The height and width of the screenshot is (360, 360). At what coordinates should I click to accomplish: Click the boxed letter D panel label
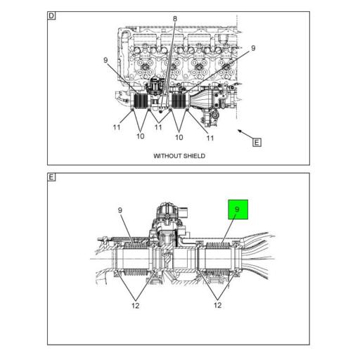click(52, 15)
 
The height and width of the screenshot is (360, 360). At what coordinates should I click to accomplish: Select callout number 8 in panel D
click(175, 19)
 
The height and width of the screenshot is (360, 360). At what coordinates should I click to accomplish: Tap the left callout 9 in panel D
click(105, 60)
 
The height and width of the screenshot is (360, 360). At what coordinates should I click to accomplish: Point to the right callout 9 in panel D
click(252, 49)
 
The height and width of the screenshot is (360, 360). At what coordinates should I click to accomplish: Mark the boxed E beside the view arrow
click(257, 142)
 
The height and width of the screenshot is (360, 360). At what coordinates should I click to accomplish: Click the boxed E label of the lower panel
click(52, 177)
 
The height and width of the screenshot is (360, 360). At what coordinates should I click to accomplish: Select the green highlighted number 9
click(238, 210)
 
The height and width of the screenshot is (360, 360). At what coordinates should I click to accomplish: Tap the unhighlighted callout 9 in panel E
click(120, 209)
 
